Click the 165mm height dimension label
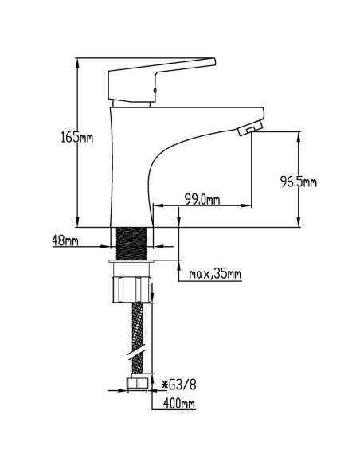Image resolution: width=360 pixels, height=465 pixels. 77,137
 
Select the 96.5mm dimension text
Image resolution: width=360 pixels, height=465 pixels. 299,182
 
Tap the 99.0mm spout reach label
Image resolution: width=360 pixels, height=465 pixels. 202,199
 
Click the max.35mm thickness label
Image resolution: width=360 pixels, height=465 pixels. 215,275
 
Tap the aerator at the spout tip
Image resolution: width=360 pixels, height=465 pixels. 249,128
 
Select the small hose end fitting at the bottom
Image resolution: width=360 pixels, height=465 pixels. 138,385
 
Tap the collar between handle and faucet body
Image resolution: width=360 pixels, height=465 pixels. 131,103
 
